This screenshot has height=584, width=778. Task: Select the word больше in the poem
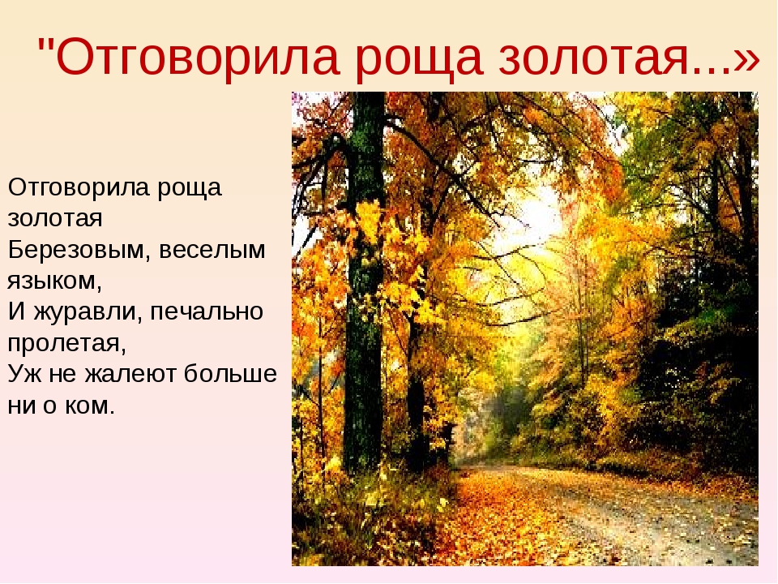pos(230,374)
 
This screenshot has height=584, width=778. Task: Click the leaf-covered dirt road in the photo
pos(610,517)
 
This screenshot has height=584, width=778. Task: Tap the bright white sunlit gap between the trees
pos(536,218)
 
